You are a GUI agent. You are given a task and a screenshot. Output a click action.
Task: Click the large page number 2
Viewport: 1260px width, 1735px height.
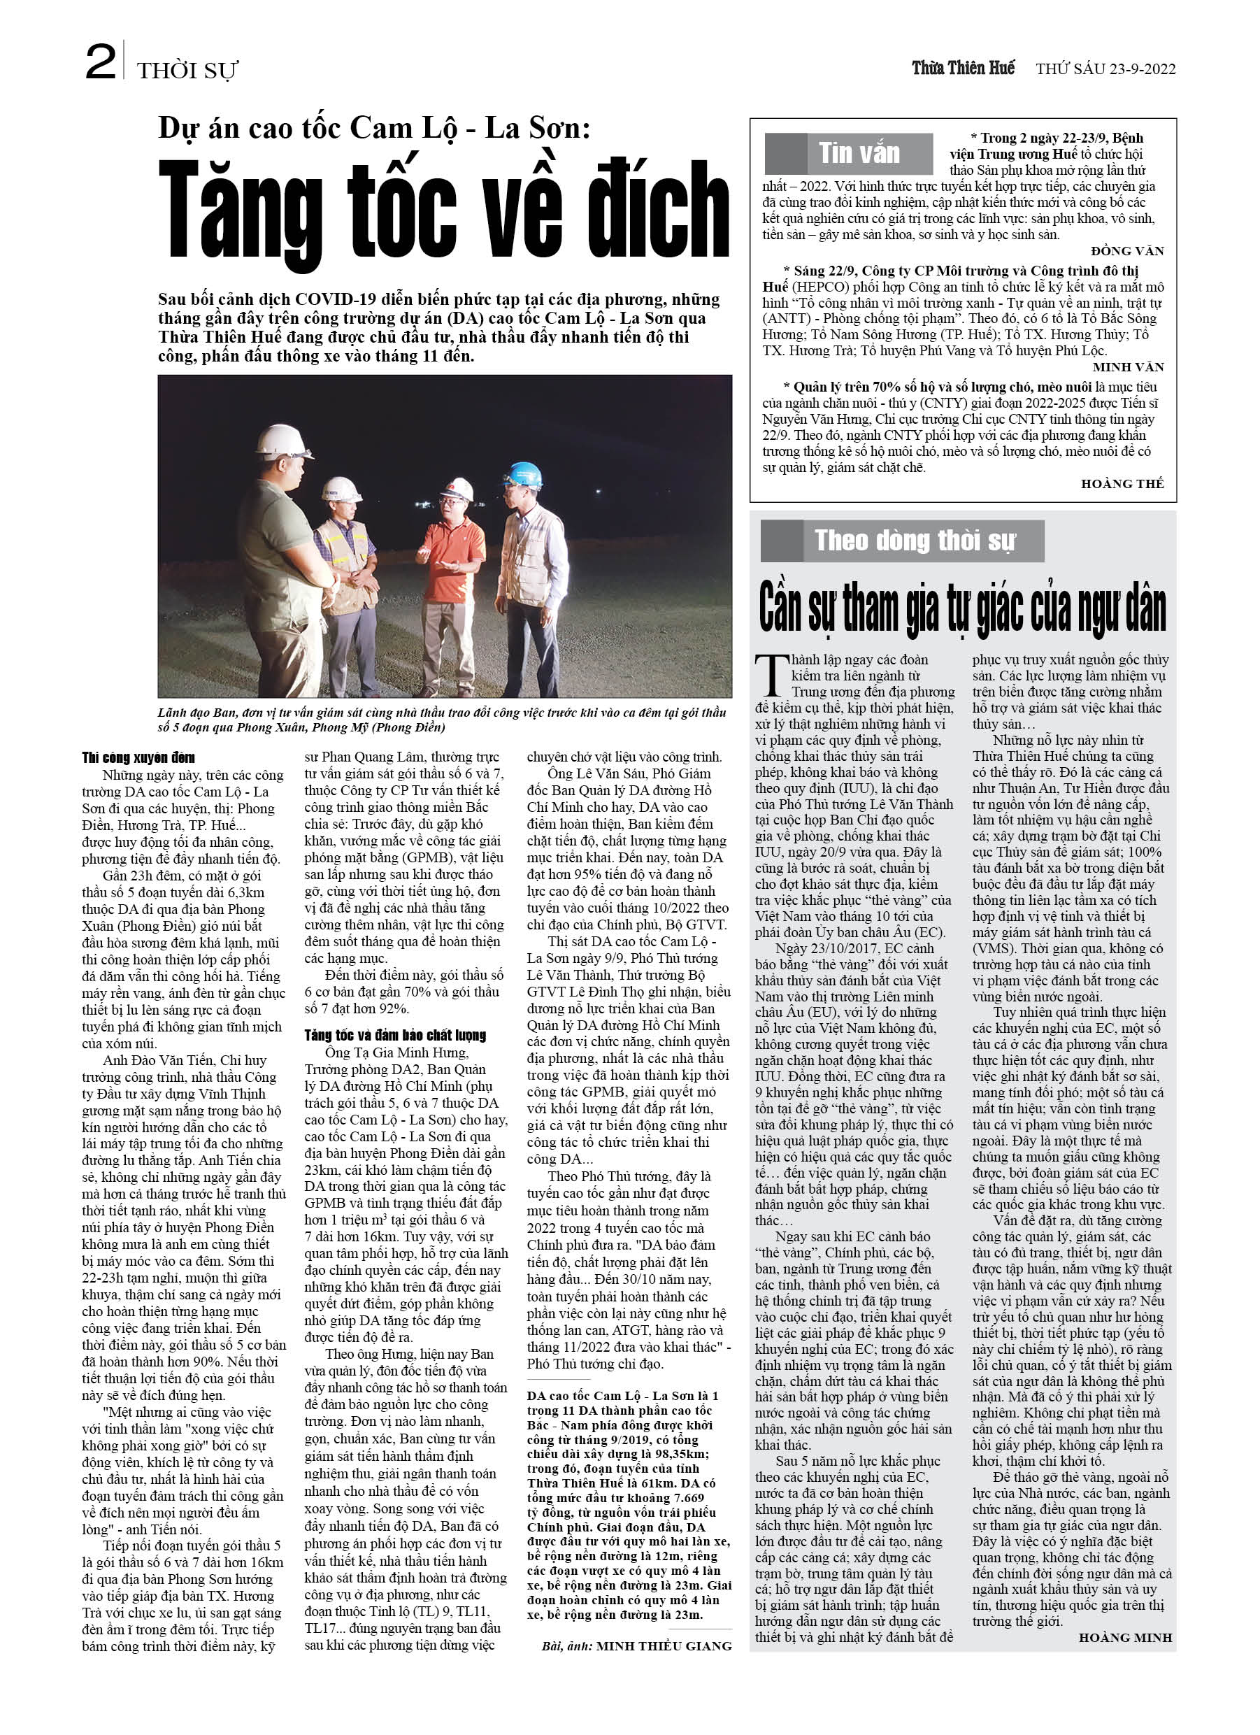(100, 62)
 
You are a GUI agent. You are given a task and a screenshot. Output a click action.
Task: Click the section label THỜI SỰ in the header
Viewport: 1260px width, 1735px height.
(187, 71)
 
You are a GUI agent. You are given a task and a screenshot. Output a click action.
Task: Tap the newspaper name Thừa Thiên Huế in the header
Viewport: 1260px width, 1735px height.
(962, 68)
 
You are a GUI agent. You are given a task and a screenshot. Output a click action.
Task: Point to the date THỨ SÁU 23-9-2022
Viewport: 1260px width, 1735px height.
(1105, 69)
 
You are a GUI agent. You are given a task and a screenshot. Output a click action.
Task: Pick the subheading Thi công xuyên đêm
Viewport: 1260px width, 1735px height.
(138, 757)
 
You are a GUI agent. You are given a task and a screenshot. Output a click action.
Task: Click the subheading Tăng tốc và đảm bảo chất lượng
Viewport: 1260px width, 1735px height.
(395, 1035)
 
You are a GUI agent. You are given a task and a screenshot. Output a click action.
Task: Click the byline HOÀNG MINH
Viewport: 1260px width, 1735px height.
(1124, 1636)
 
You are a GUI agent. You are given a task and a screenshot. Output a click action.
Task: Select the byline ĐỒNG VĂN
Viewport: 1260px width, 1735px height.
(1127, 251)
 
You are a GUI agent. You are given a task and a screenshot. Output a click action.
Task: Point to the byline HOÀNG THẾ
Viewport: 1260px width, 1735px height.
(1122, 483)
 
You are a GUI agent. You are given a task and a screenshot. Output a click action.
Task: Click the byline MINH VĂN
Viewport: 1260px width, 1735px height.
(1128, 367)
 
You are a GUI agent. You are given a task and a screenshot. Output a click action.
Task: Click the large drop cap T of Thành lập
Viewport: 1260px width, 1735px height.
(771, 674)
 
